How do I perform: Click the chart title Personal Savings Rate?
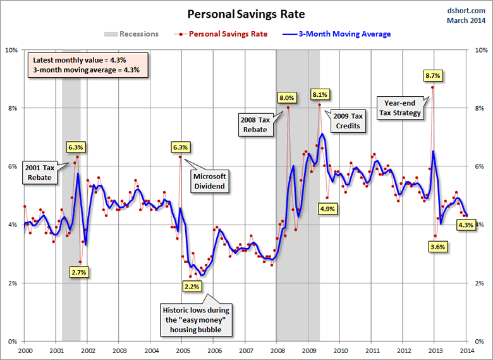(246, 13)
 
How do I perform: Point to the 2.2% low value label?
(191, 287)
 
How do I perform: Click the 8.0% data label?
(287, 97)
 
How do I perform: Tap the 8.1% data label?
(320, 94)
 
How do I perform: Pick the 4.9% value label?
(327, 208)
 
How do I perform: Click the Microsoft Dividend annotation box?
(209, 181)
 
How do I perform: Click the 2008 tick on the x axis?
(276, 350)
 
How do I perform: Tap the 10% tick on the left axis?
(11, 50)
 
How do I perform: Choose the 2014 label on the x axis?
(466, 350)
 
